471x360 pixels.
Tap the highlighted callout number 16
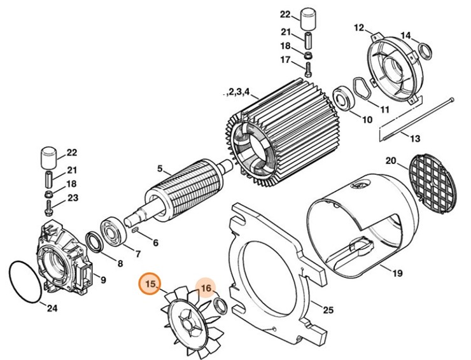tap(206, 290)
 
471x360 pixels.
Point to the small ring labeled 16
tap(220, 306)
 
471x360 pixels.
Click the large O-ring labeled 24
tap(24, 280)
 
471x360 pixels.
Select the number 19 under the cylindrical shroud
tap(397, 274)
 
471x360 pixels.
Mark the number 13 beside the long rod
tap(415, 139)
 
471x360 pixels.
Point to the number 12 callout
tap(359, 28)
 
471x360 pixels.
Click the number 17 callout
tap(285, 60)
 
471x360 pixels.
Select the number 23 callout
tap(72, 198)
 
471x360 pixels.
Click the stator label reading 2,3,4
tap(243, 92)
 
